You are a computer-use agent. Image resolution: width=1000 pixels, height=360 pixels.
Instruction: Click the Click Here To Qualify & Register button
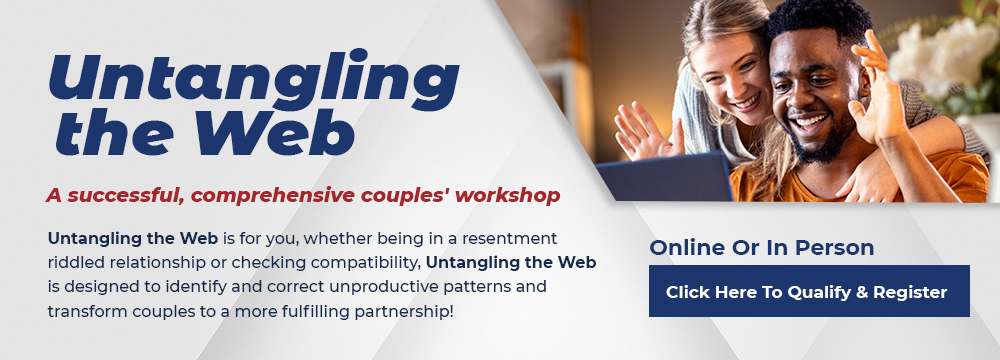click(x=809, y=291)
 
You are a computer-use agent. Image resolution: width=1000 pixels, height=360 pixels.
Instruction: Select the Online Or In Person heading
click(x=761, y=248)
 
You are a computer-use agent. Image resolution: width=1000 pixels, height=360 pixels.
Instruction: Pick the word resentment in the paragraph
click(x=509, y=239)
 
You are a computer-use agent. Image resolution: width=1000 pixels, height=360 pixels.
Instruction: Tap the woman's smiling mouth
click(x=746, y=101)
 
